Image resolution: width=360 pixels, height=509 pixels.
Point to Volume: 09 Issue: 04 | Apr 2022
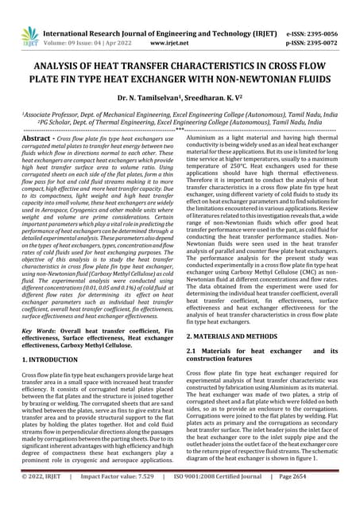coord(99,36)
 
